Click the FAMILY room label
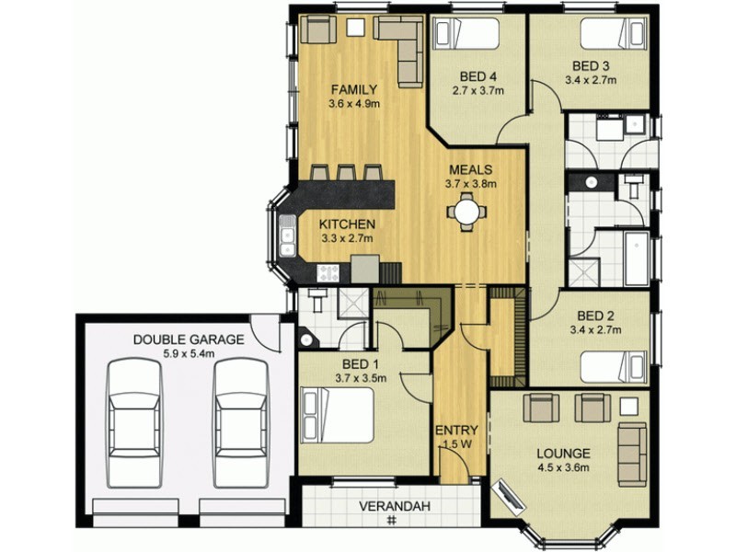click(x=354, y=89)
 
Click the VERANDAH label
click(x=395, y=507)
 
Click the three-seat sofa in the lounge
click(x=632, y=454)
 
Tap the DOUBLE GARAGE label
click(x=189, y=339)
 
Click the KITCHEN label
click(x=347, y=224)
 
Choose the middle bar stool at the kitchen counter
click(x=346, y=172)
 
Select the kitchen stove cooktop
click(x=328, y=271)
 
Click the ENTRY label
click(x=451, y=431)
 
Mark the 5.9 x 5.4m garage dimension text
click(x=189, y=352)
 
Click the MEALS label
click(x=471, y=169)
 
